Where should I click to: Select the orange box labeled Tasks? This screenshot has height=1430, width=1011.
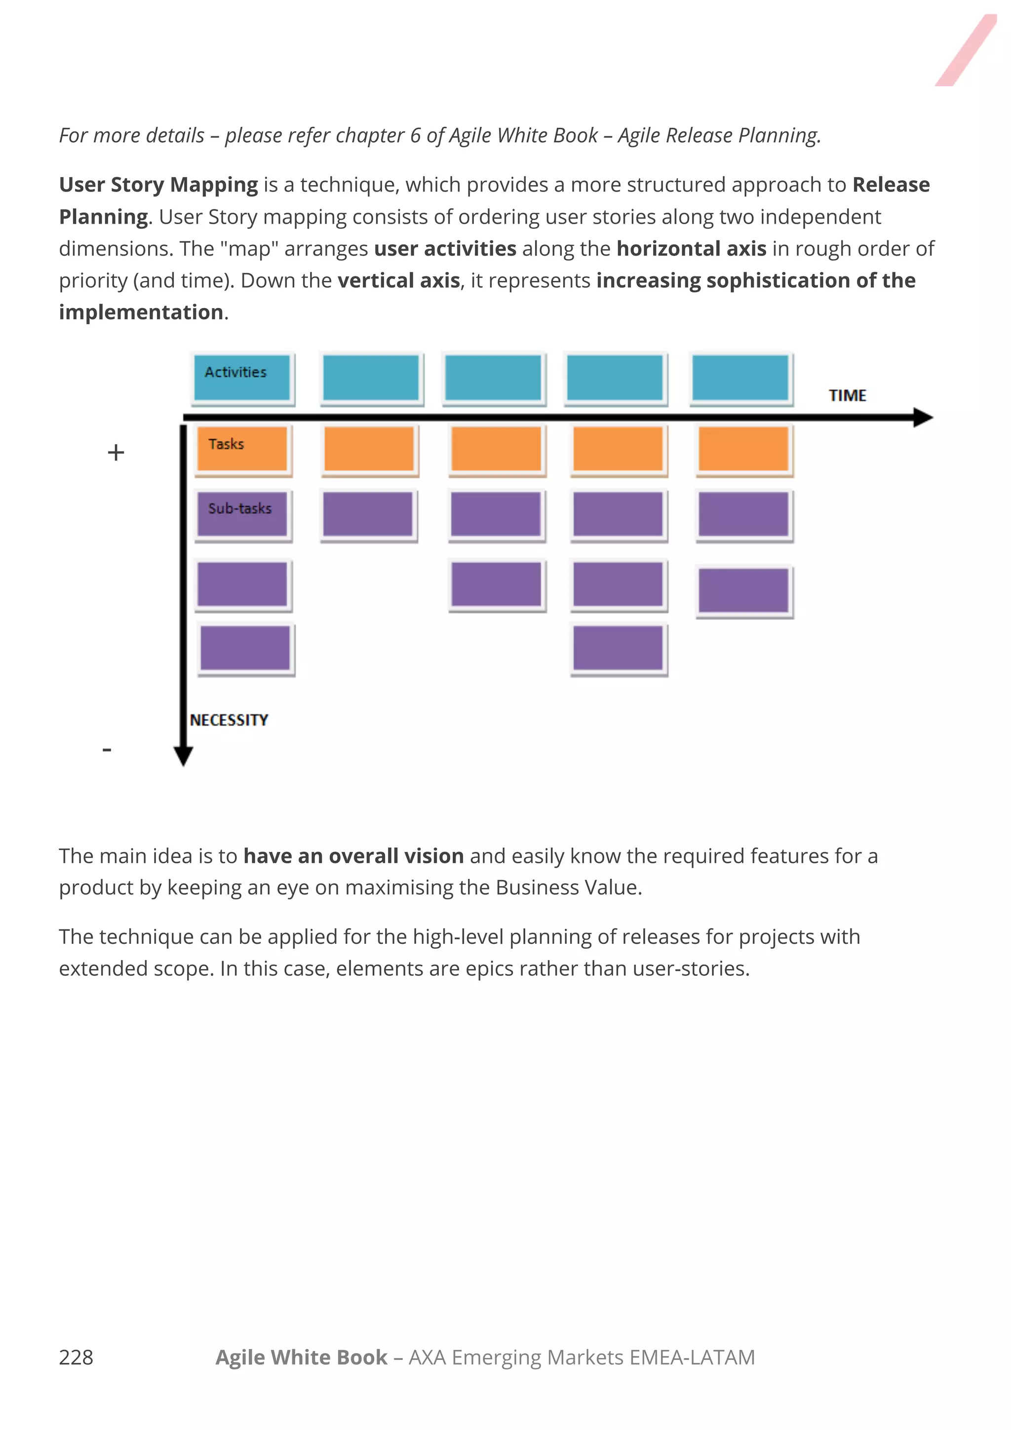242,448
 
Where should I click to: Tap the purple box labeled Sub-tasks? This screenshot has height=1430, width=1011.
242,513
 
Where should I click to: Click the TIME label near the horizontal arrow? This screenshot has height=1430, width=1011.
847,395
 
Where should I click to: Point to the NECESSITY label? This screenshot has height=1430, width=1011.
229,720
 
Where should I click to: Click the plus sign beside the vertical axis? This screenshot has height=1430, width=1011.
116,452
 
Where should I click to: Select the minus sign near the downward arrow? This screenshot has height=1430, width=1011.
107,749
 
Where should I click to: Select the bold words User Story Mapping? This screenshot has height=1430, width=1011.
158,185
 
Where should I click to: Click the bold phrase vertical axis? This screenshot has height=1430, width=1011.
399,280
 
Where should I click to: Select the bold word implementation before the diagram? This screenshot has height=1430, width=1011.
141,312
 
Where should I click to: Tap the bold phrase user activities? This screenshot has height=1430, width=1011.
445,248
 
